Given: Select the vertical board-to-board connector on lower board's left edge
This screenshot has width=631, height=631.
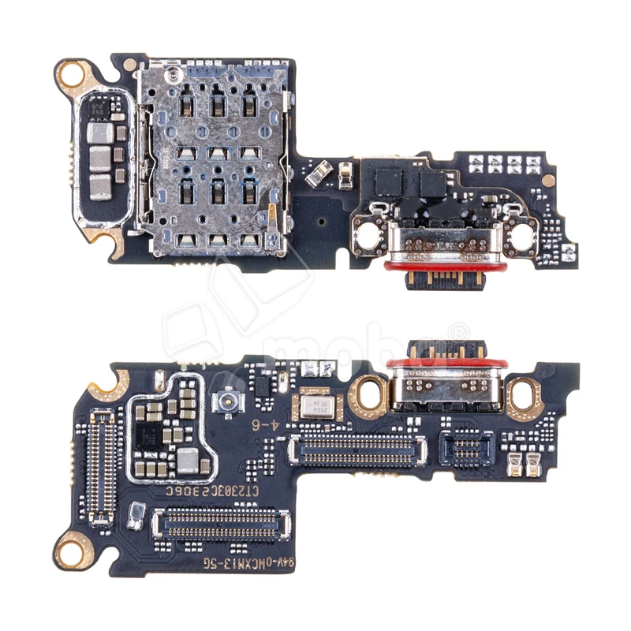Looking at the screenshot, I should click(x=101, y=465).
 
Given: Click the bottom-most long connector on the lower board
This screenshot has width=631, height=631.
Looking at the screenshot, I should click(x=220, y=524).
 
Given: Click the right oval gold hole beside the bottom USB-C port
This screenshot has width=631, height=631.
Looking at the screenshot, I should click(x=522, y=394).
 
